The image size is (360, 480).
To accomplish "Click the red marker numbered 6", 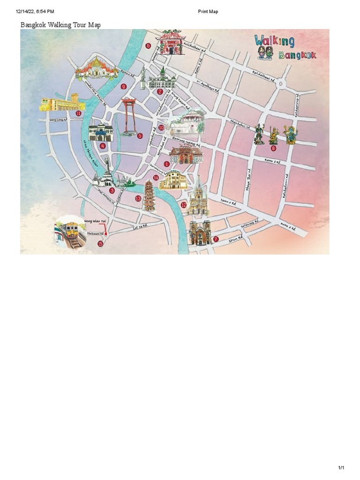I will (x=148, y=46).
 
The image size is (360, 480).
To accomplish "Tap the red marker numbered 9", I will (x=124, y=86).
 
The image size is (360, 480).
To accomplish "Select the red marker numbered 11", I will (x=78, y=113).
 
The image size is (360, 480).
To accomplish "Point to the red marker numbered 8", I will (x=274, y=148).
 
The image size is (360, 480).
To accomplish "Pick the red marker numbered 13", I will (x=138, y=199).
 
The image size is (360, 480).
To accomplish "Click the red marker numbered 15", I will (x=100, y=244).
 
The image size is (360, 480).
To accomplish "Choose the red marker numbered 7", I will (x=216, y=239).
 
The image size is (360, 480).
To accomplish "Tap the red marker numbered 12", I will (x=184, y=205).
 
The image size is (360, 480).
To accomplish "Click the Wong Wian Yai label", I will (x=95, y=220).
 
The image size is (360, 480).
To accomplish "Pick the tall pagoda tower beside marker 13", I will (x=149, y=196).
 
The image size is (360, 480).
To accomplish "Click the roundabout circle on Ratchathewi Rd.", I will (x=281, y=84).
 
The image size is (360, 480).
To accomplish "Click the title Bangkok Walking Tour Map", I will (x=60, y=25).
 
